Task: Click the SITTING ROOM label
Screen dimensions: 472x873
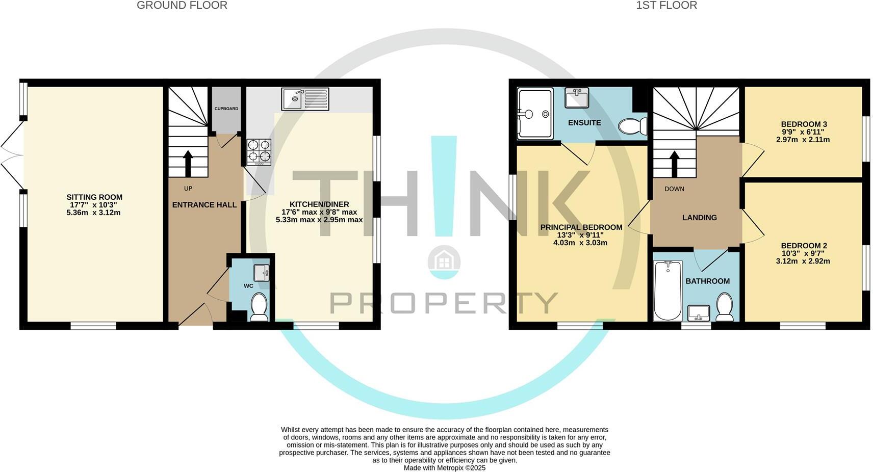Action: coord(94,197)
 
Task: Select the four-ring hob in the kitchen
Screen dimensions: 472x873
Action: coord(259,151)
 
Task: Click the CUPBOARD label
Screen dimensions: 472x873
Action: coord(226,109)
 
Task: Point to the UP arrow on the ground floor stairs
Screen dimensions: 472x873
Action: coord(188,162)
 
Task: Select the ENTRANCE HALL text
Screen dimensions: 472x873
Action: coord(204,205)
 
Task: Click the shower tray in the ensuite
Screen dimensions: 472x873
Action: coord(535,114)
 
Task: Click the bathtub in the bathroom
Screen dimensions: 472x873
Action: coord(667,290)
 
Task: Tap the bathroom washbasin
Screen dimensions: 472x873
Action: coord(699,312)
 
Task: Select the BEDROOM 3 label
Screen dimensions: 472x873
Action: coord(804,124)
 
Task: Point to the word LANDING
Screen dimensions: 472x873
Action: coord(699,218)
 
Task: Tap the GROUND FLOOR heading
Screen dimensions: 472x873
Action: coord(182,6)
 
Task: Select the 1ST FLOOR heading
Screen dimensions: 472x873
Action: coord(666,6)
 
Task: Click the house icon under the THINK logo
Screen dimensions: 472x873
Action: coord(444,261)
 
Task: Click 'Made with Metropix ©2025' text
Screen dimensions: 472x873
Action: coord(444,467)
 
